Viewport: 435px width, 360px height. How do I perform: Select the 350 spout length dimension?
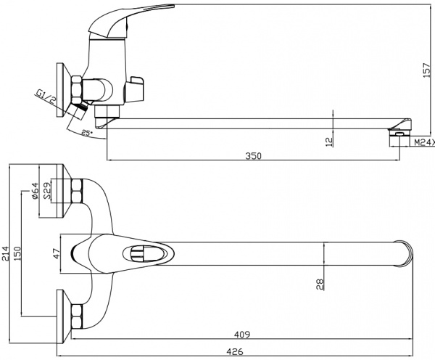[x=253, y=156]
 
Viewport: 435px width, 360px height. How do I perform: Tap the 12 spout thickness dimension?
[x=329, y=141]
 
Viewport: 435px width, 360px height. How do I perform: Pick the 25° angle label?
[x=86, y=133]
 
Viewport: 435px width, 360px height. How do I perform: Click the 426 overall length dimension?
[x=233, y=351]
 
